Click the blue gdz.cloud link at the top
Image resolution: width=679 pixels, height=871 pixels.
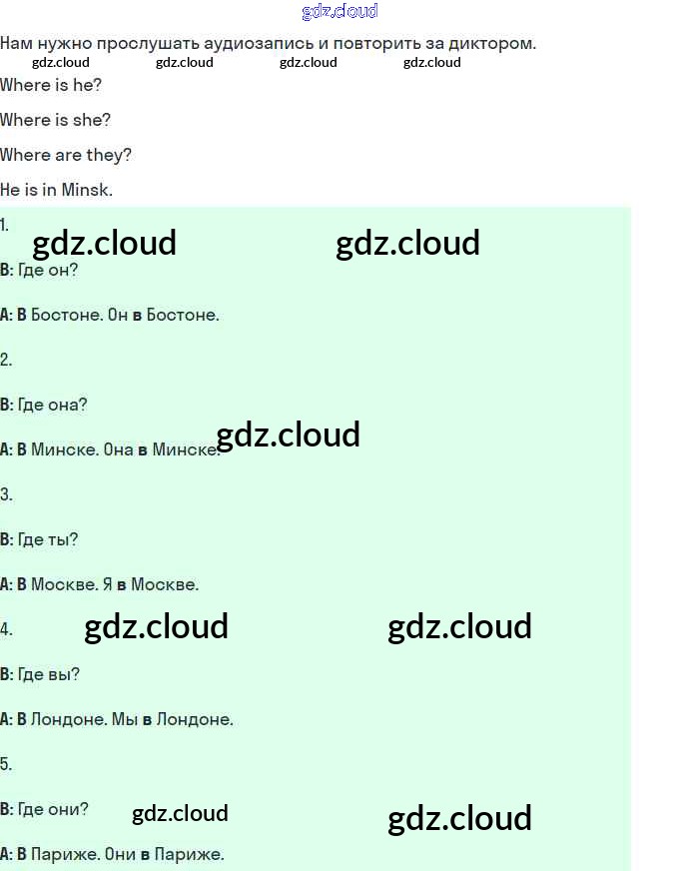pyautogui.click(x=339, y=11)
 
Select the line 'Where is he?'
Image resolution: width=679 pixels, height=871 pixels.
pyautogui.click(x=51, y=85)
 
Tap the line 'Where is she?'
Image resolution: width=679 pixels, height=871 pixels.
pyautogui.click(x=56, y=120)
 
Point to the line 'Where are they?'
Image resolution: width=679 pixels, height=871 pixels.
pyautogui.click(x=66, y=155)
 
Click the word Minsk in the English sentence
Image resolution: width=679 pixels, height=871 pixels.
pyautogui.click(x=86, y=190)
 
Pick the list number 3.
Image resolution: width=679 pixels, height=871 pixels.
pyautogui.click(x=6, y=494)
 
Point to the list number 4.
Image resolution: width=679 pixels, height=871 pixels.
pyautogui.click(x=6, y=629)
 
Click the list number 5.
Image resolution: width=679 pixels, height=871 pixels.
pyautogui.click(x=6, y=764)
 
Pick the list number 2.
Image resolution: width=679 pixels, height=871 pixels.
pyautogui.click(x=6, y=360)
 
